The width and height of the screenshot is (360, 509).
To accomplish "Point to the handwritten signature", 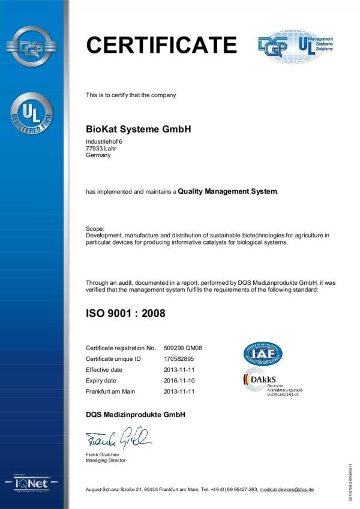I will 119,439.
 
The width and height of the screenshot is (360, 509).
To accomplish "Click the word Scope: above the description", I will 95,228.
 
